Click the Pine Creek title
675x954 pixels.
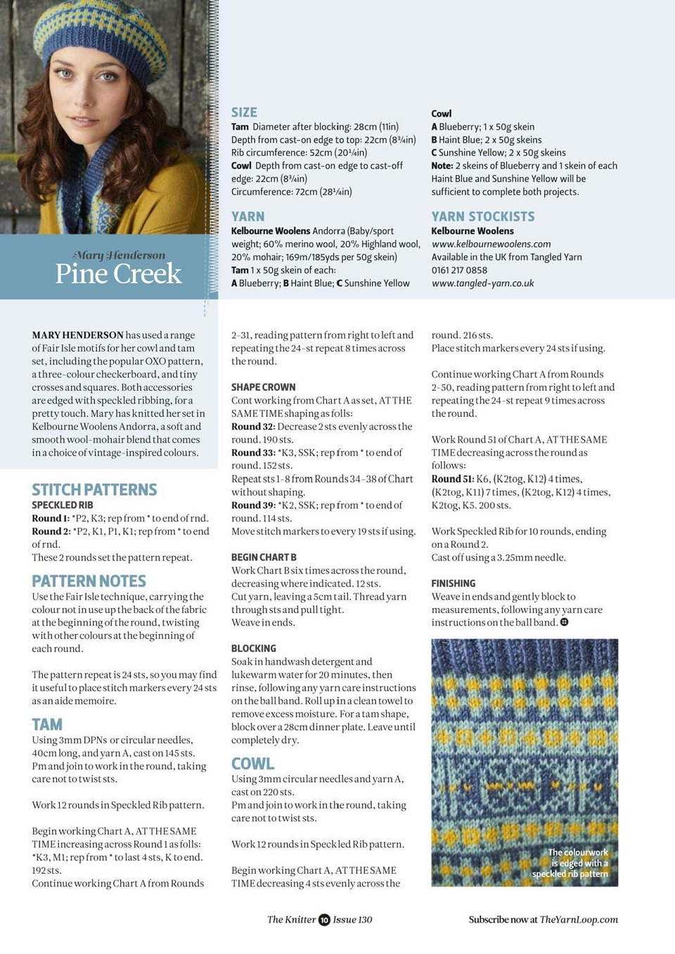tap(118, 273)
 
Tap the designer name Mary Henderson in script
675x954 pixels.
tap(119, 254)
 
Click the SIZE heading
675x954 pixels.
tap(244, 112)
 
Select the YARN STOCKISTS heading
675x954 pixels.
tap(482, 217)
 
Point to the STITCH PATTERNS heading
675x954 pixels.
tap(94, 489)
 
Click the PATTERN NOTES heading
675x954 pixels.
tap(89, 581)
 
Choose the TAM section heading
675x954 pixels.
tap(47, 724)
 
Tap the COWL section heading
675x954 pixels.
tap(252, 763)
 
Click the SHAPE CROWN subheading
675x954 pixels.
tap(263, 387)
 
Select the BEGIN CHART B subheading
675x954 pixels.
tap(264, 557)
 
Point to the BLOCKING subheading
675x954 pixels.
tap(253, 648)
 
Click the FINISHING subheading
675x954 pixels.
tap(453, 584)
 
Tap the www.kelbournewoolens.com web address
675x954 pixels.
tap(491, 244)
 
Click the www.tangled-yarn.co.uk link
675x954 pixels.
tap(482, 283)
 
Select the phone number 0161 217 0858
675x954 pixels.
tap(458, 270)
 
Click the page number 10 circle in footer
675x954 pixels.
tap(324, 920)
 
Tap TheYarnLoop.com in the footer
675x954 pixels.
tap(579, 920)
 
